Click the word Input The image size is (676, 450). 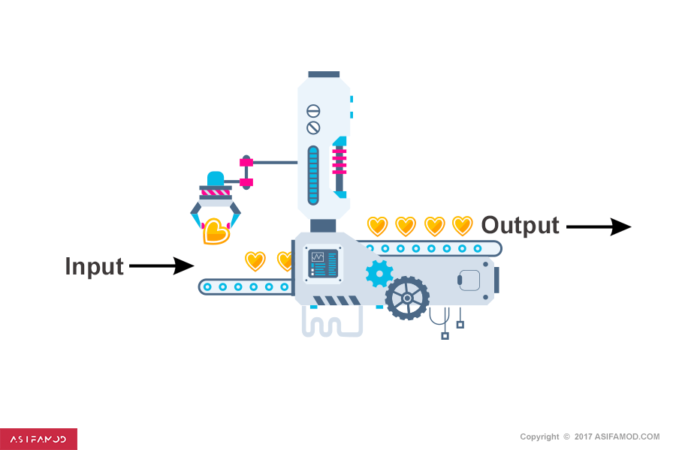point(94,266)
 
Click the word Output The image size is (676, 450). point(520,225)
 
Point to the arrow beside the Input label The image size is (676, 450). point(161,265)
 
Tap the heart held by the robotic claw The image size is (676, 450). point(216,232)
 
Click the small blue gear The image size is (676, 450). point(379,274)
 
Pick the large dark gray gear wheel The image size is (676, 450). point(407,298)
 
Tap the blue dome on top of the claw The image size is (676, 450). point(216,178)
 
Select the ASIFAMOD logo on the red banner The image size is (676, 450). point(38,439)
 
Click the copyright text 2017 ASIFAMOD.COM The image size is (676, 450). point(590,436)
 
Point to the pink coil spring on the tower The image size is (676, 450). point(340,160)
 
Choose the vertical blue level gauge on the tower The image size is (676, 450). point(313,175)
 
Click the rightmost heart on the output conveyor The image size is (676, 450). point(463,226)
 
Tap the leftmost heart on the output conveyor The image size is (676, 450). point(377,226)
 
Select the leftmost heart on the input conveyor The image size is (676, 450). point(255,261)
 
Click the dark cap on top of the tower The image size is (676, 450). point(324,75)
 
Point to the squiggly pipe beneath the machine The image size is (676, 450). point(330,323)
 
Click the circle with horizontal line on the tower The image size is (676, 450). point(313,110)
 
